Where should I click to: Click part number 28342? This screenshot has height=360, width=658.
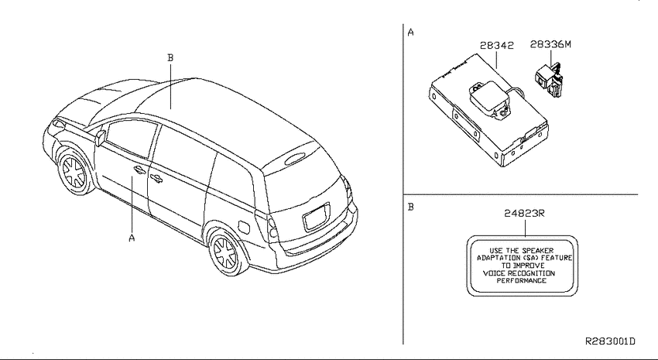[x=496, y=46]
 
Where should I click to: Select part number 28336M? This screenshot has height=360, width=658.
[x=550, y=44]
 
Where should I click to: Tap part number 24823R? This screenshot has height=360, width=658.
[x=524, y=213]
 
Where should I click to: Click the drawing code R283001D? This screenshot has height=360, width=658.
[x=610, y=341]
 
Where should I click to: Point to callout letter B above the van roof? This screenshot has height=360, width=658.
[x=170, y=58]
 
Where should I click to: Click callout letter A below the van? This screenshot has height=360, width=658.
[x=132, y=238]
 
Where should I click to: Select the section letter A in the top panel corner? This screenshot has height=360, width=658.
[x=410, y=33]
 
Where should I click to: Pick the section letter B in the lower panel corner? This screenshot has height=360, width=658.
[x=411, y=207]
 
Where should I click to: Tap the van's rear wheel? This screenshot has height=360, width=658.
[x=226, y=252]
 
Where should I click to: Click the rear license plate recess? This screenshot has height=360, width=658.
[x=317, y=217]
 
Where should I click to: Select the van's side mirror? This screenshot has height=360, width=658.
[x=100, y=138]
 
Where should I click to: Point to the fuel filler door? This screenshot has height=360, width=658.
[x=243, y=226]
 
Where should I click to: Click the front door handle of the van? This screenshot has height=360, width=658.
[x=139, y=170]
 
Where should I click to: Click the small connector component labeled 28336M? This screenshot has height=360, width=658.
[x=550, y=79]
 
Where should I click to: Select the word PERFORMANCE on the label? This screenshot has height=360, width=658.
[x=522, y=281]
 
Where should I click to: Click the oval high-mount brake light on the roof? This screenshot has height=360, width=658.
[x=295, y=158]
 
